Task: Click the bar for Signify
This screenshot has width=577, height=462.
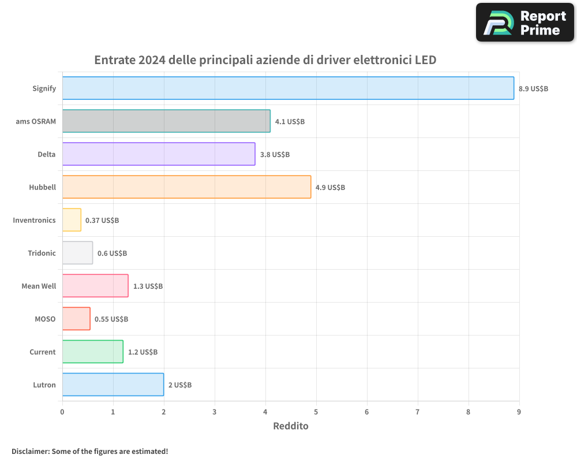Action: click(x=288, y=88)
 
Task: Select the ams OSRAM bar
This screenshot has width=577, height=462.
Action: click(x=166, y=121)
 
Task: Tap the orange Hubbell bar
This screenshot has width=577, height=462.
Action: click(x=186, y=187)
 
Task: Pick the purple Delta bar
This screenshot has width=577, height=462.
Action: click(x=159, y=154)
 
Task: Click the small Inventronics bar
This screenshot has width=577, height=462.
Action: click(x=72, y=220)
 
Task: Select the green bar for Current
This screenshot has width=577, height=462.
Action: click(x=92, y=352)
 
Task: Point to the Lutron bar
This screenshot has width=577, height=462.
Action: click(x=113, y=385)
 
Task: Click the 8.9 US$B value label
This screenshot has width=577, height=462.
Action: click(x=533, y=89)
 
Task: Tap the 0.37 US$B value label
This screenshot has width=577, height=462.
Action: click(x=102, y=221)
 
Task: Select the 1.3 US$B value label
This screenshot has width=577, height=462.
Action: click(x=148, y=286)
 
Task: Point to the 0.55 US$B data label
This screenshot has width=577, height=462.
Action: click(x=111, y=319)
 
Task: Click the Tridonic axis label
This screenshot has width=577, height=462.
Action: click(x=42, y=254)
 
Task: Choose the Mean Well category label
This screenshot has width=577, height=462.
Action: click(x=39, y=286)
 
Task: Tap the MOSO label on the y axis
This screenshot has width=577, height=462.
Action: click(x=45, y=319)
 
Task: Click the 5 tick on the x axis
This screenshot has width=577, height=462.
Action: click(x=316, y=412)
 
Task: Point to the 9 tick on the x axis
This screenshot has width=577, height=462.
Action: click(x=519, y=412)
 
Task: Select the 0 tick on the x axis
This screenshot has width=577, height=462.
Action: click(x=62, y=412)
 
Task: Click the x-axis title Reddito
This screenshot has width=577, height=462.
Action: click(x=290, y=426)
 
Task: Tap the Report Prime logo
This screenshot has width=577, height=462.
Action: click(x=524, y=23)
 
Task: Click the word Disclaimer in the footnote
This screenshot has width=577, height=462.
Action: click(x=30, y=451)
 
